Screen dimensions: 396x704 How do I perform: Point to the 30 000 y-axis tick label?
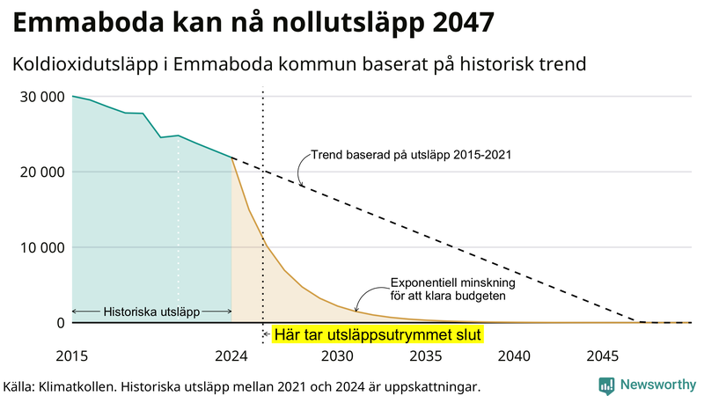42,96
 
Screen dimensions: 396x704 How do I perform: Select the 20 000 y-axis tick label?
42,172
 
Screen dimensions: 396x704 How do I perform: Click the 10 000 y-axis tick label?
42,247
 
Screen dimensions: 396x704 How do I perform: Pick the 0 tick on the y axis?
61,323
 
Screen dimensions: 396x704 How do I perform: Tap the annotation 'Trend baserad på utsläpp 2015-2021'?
411,155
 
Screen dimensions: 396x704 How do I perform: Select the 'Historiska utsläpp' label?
151,312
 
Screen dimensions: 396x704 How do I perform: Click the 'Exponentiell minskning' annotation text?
452,283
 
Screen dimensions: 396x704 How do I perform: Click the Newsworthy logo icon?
606,385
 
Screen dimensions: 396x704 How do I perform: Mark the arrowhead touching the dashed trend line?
300,183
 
